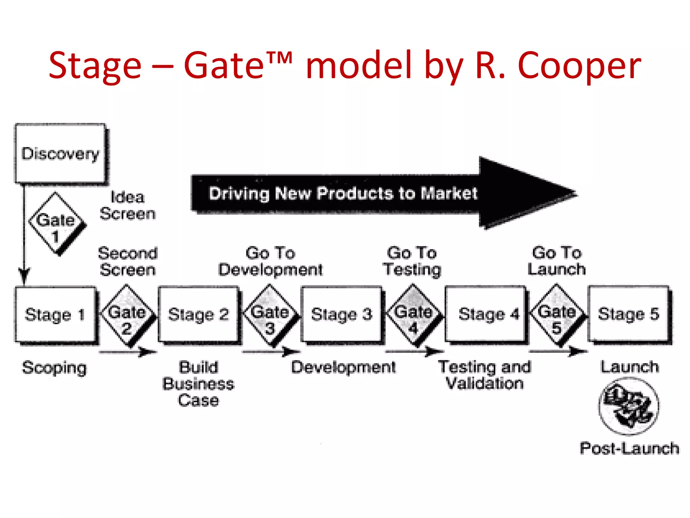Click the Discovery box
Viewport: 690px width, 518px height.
coord(60,153)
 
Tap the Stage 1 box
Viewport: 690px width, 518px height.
coord(55,314)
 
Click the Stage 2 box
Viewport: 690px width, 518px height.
coord(198,314)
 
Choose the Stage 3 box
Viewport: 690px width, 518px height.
coord(342,314)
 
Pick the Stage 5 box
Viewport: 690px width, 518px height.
coord(628,314)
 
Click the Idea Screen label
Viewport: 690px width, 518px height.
coord(128,205)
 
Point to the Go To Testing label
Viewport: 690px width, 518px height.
coord(412,261)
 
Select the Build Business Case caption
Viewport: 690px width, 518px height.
coord(198,384)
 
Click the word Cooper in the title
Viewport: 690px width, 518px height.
coord(579,66)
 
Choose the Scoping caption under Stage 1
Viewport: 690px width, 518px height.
coord(54,368)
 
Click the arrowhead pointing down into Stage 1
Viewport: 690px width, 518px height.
coord(24,277)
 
